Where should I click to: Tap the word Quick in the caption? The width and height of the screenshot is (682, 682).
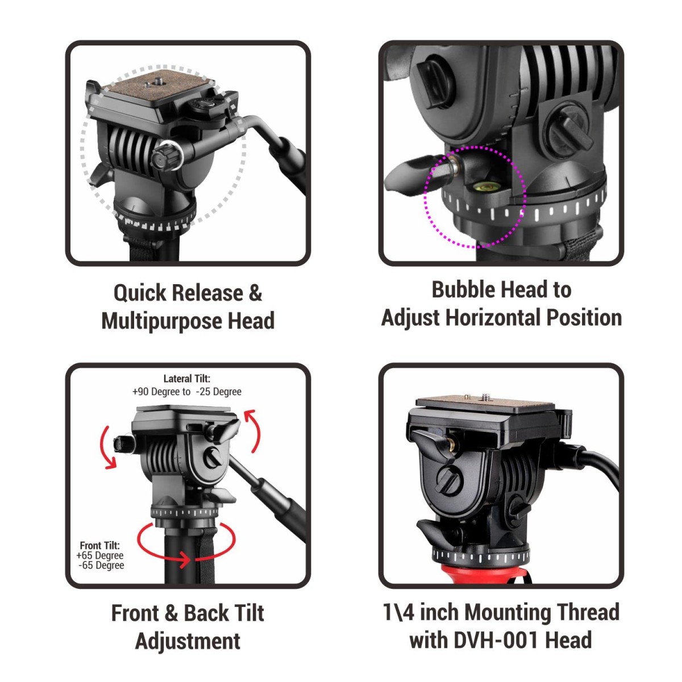click(x=139, y=293)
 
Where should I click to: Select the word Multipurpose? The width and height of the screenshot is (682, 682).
click(x=161, y=321)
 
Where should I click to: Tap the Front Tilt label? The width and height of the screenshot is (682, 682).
click(x=99, y=546)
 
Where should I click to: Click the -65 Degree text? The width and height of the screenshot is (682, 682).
click(x=101, y=565)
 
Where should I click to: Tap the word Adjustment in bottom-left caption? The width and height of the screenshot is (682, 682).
click(x=188, y=641)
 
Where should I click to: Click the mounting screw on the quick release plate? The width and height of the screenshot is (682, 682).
click(x=155, y=83)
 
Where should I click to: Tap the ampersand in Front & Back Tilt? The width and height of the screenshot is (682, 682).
click(x=171, y=614)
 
